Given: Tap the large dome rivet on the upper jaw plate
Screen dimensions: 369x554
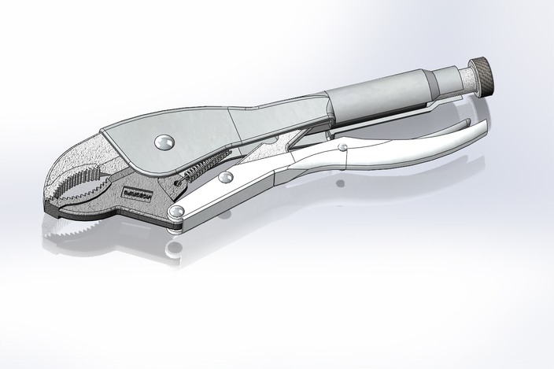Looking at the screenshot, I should point(164,142).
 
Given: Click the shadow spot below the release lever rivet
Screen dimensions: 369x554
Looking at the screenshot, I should point(339,183).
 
